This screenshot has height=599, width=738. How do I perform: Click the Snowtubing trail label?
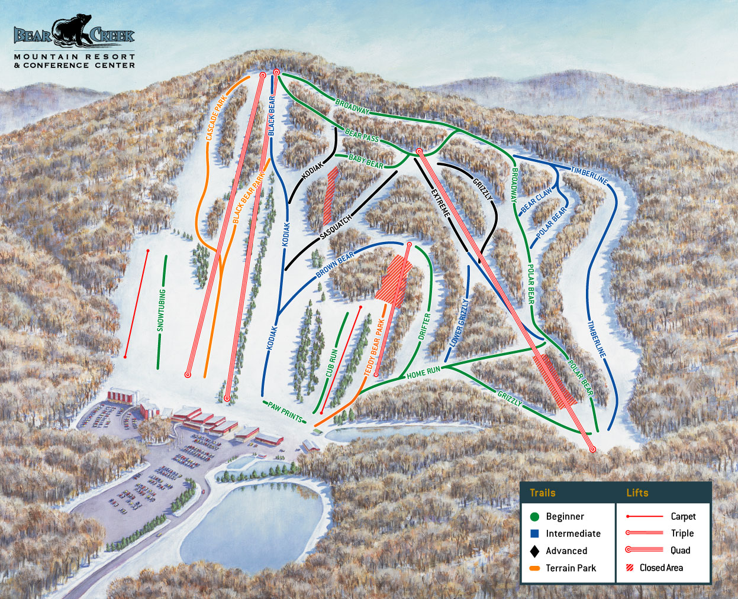162,311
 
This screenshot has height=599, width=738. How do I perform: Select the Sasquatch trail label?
336,226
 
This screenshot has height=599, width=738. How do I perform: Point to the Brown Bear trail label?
335,264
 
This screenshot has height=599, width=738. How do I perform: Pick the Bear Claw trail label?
536,200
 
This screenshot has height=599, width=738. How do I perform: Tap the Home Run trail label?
423,373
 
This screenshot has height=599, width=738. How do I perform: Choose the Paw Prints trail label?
285,412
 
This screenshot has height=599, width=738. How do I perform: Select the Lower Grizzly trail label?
459,322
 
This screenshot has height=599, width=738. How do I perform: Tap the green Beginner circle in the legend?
534,517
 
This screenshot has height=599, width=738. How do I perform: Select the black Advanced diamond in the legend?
534,551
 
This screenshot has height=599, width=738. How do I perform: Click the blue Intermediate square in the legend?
534,533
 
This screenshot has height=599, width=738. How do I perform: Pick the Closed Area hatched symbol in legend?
630,568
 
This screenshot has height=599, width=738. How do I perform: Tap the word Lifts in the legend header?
637,493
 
